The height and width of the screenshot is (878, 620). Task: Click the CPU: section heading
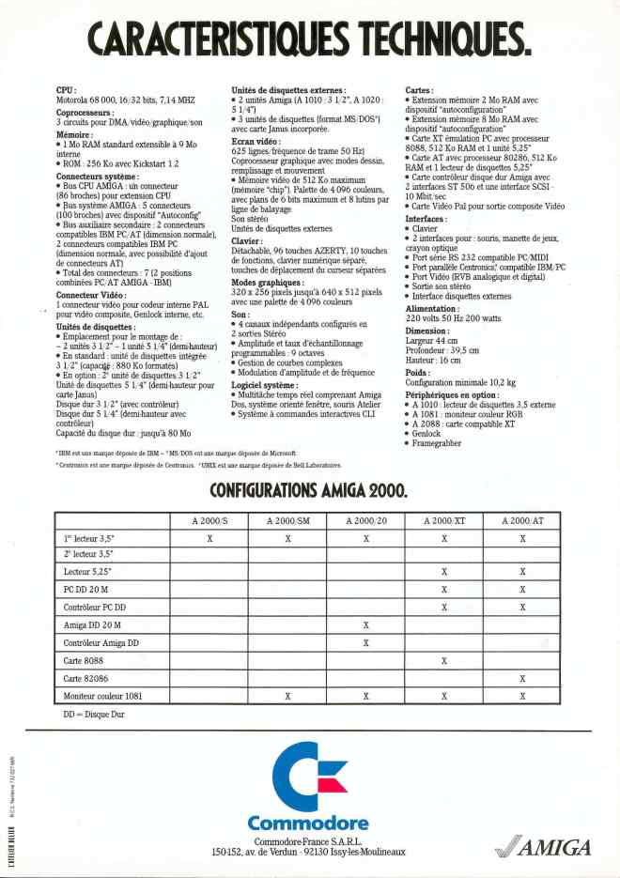click(66, 89)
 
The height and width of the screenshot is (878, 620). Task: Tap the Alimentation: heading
click(439, 309)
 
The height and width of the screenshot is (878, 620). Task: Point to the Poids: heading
click(419, 373)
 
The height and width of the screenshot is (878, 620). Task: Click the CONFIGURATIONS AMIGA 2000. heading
click(309, 490)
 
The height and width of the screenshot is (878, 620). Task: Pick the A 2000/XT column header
click(444, 519)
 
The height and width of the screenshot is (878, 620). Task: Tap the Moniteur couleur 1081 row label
click(103, 696)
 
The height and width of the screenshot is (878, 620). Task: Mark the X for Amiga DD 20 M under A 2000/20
click(365, 624)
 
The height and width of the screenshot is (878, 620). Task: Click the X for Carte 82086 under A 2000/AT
click(522, 678)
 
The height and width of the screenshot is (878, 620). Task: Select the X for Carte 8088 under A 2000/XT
click(444, 660)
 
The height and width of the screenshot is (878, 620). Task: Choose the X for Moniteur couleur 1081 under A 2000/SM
click(287, 696)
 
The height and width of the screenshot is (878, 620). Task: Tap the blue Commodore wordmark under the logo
click(308, 824)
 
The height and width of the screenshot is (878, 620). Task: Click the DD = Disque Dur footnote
click(93, 715)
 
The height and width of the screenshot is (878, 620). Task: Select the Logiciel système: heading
click(265, 385)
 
